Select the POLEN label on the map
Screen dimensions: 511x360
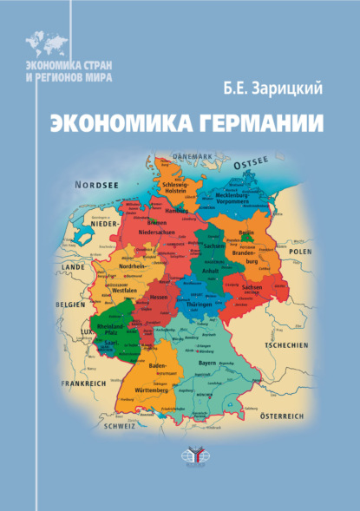[x=299, y=251]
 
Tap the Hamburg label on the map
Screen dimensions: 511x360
[x=176, y=210]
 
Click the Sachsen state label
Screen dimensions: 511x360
[x=253, y=285]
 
